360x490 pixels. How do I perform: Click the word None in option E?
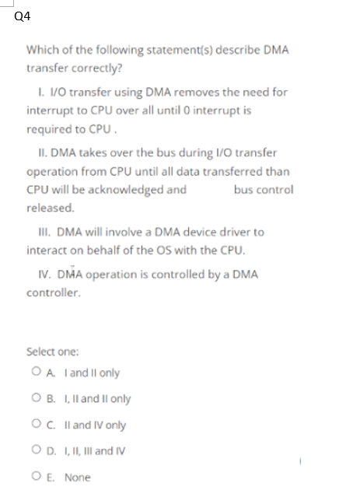[77, 478]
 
